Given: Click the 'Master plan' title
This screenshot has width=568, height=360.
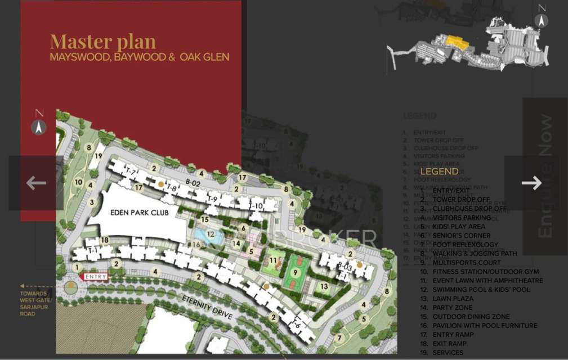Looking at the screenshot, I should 102,42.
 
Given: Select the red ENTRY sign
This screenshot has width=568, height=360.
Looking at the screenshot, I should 95,277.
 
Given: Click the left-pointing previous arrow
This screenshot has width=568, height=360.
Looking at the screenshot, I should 36,183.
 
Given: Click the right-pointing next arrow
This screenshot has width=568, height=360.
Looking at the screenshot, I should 531,183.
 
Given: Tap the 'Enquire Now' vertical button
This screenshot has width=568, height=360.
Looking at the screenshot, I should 545,176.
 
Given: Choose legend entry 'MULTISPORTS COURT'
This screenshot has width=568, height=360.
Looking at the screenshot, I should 466,263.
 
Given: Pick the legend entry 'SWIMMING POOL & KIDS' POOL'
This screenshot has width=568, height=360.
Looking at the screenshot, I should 481,290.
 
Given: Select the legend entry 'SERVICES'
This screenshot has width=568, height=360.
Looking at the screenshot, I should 448,353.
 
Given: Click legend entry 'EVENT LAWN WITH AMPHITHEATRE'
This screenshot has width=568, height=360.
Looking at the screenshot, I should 488,281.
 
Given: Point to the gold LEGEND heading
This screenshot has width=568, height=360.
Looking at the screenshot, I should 439,171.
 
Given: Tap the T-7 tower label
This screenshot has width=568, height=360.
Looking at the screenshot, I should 131,171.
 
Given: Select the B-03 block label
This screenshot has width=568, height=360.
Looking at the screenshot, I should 345,267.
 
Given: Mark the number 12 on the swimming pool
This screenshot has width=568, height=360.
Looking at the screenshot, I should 210,234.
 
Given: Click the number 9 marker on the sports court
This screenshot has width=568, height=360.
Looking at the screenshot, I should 295,272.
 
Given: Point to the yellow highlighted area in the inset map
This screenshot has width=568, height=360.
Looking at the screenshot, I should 455,42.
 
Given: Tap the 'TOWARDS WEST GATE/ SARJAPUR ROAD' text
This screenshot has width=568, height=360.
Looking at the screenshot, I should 35,304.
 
